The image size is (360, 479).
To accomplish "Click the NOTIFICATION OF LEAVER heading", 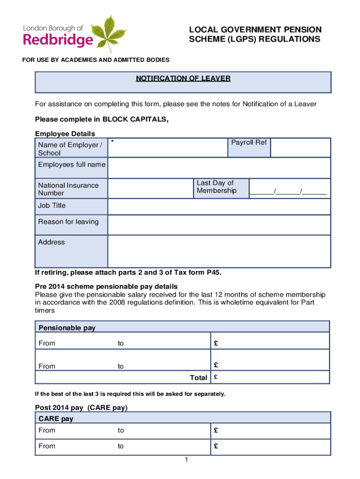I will click(183, 79).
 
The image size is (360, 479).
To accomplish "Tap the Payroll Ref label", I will click(249, 142).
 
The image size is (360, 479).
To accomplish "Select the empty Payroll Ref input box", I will click(300, 147).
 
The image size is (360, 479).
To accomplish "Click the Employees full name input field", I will click(219, 168).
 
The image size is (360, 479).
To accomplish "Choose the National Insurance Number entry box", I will click(150, 189).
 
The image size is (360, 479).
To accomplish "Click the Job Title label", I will click(52, 206).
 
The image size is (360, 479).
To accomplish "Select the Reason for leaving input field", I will click(219, 225).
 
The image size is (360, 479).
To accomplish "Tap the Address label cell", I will click(51, 242).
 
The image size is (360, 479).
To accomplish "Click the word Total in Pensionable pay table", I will click(198, 377).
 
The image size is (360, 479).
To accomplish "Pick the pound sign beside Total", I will click(216, 377).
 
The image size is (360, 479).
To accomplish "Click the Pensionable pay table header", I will click(67, 328).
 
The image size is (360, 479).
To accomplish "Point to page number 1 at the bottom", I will click(186, 461).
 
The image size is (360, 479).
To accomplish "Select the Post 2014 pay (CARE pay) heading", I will click(81, 408).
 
